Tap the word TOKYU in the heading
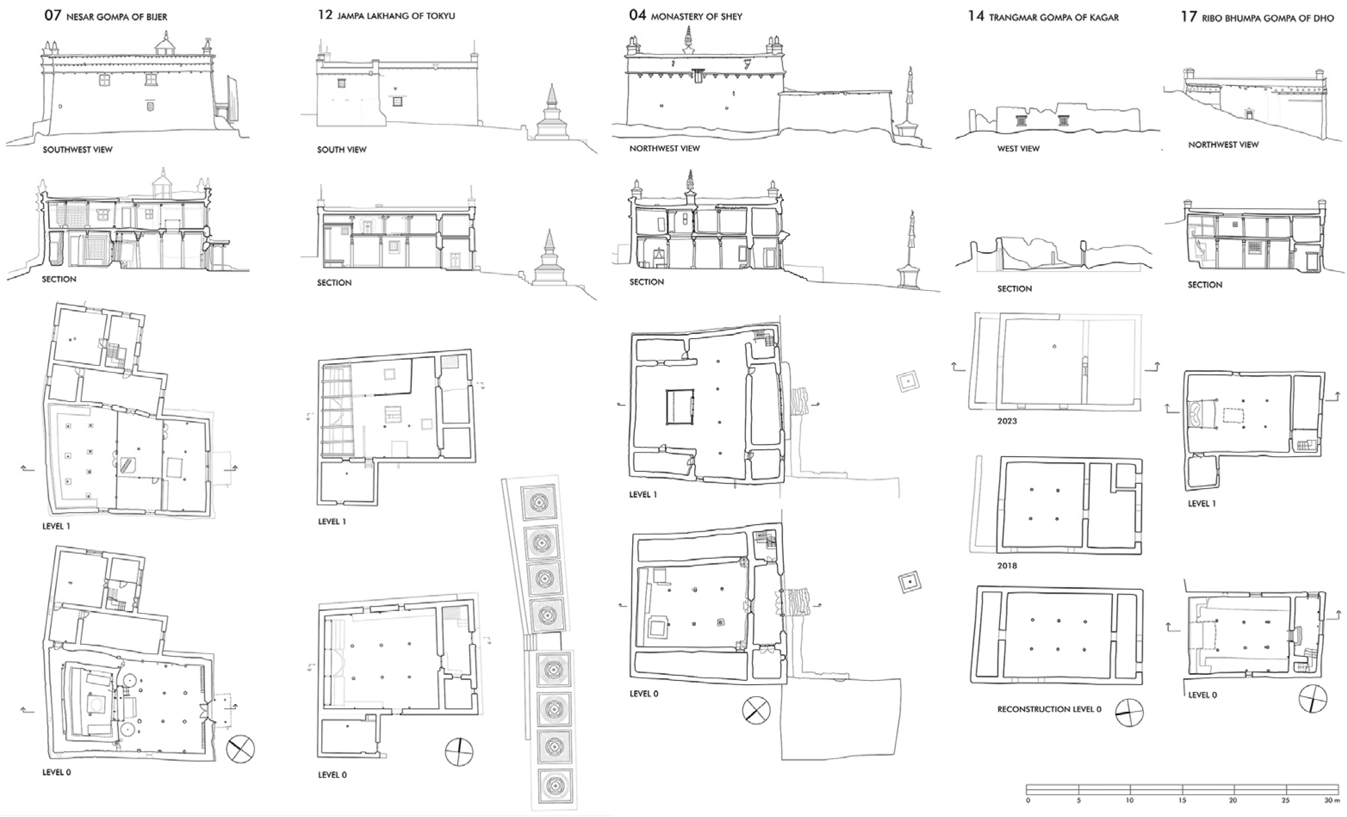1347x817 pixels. pos(441,16)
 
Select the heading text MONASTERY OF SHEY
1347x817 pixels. pos(696,17)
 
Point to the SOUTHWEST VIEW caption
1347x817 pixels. pos(78,149)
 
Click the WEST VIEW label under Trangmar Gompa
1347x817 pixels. pos(1018,148)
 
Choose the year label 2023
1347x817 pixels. pos(1007,421)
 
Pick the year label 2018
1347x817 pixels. pos(1007,565)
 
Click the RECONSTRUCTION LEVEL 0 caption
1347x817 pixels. pos(1049,709)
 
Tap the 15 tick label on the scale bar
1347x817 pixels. pos(1182,800)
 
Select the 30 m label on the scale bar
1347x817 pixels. pos(1331,800)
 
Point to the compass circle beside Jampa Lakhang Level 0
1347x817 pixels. pos(459,752)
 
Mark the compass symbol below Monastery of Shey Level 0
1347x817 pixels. pos(756,711)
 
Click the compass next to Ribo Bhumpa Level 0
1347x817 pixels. pos(1313,699)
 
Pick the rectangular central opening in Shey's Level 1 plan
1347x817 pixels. pos(680,407)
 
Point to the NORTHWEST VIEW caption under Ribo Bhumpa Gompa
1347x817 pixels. pos(1223,144)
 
